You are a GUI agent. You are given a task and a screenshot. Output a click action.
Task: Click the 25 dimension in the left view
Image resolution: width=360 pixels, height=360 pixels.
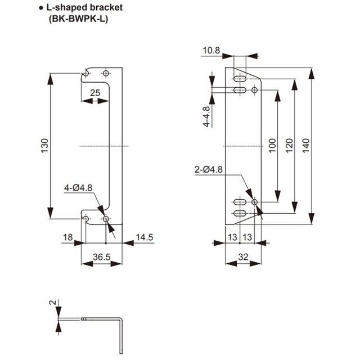(x=94, y=92)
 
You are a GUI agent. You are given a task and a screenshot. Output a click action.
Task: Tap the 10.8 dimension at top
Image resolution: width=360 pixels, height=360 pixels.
(x=211, y=51)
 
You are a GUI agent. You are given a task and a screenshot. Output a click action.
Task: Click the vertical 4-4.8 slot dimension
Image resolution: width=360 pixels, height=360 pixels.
(x=206, y=116)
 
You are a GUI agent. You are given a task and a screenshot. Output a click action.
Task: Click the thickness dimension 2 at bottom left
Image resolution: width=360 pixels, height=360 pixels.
(x=52, y=302)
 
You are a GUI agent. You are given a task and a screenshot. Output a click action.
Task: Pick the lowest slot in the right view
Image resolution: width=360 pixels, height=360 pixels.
(x=239, y=213)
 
